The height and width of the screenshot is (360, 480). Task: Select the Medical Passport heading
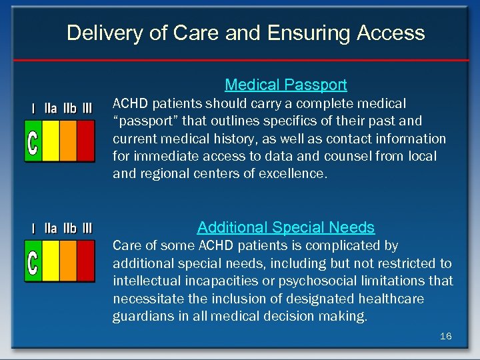(286, 85)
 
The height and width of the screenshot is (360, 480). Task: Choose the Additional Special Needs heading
(286, 227)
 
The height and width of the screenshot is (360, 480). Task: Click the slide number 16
(445, 336)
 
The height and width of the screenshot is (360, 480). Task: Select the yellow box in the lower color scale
(51, 261)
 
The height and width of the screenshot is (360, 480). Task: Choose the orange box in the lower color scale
(68, 261)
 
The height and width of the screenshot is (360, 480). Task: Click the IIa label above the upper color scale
(51, 108)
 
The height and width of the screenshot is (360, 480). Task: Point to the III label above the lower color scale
(87, 229)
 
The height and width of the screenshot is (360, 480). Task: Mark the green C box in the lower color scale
(33, 261)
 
